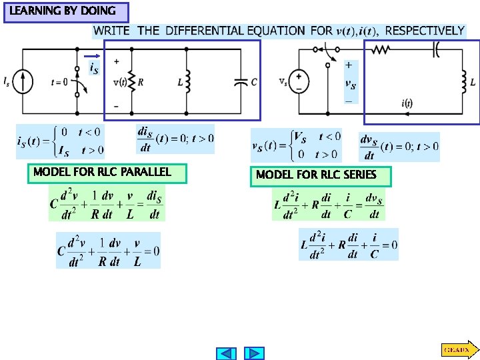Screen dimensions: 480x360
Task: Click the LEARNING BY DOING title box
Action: coord(66,12)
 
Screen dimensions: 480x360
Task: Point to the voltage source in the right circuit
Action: coord(299,81)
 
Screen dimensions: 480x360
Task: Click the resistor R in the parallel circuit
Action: coord(132,82)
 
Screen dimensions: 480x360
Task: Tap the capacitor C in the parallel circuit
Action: coord(241,81)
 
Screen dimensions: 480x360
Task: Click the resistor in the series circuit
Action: coord(381,49)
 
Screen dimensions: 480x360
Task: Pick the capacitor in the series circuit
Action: coord(437,49)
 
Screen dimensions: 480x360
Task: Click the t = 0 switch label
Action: coord(59,82)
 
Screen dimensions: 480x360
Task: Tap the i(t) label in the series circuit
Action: coord(406,103)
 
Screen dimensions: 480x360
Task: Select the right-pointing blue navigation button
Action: coord(255,353)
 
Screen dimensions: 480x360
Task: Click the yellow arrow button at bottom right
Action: coord(458,349)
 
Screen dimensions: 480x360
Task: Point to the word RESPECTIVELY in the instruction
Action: coord(425,31)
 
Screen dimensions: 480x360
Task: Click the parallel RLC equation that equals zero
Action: coord(108,250)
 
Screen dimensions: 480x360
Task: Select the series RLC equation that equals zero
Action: coord(349,244)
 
